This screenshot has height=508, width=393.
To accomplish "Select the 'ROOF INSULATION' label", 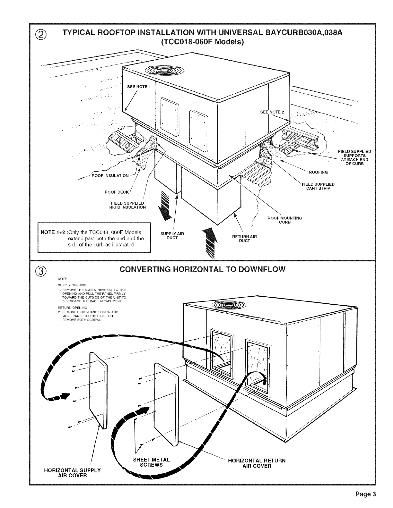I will pos(110,176).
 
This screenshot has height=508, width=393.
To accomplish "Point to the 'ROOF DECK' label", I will pos(117,192).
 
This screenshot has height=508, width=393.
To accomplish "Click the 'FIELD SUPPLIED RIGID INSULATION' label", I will pos(127,205).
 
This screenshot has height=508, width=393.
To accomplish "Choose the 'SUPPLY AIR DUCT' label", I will pos(172,236).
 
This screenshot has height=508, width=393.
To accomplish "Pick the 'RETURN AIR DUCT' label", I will pos(244,239).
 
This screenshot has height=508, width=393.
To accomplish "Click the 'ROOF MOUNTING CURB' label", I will pos(285,220).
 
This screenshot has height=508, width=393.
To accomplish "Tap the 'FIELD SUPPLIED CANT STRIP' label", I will pos(318,186).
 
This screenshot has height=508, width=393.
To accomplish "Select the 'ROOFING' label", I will pos(318,172).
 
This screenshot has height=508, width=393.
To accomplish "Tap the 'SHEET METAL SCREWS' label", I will pos(151,462).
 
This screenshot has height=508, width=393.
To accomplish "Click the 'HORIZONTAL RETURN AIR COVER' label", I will pos(257,463).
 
